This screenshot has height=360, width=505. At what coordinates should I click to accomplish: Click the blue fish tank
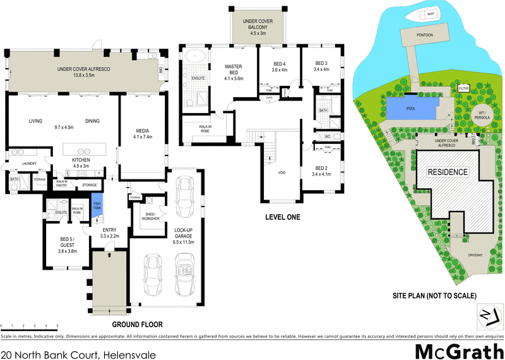point(97,207)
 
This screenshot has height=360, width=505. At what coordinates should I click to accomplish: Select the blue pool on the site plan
point(411,108)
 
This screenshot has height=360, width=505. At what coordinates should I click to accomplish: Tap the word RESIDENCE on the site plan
point(448,172)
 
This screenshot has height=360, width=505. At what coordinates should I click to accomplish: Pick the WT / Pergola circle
point(484,114)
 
